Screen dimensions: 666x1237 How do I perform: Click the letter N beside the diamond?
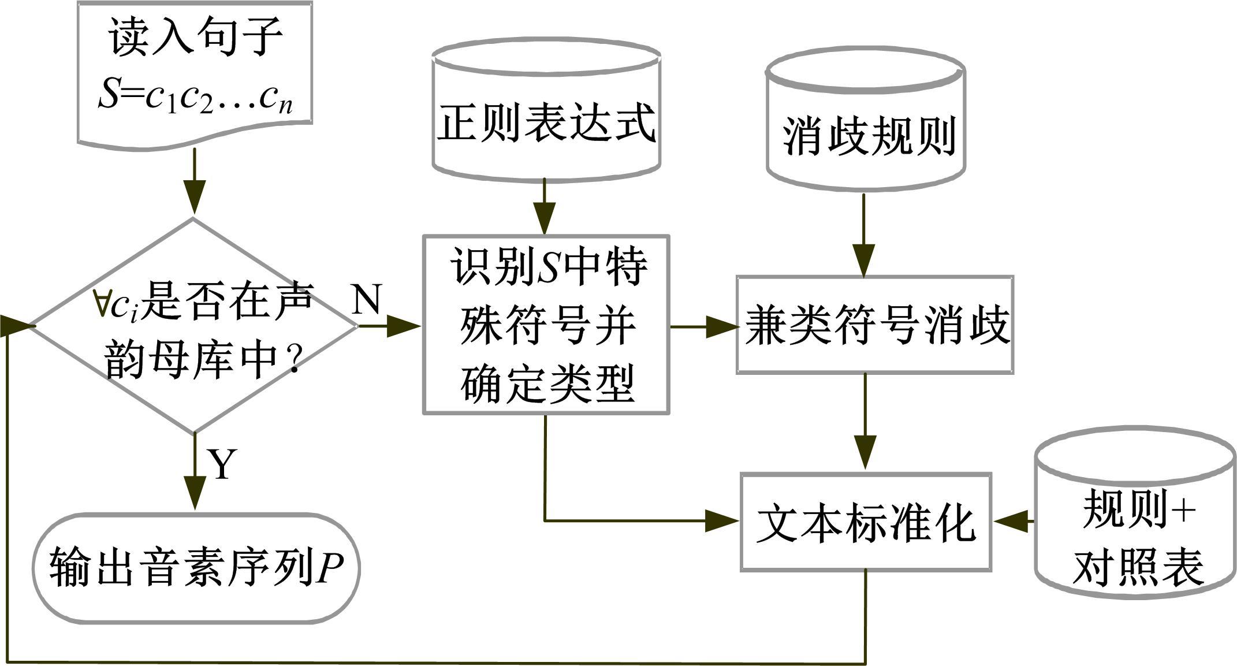coord(367,299)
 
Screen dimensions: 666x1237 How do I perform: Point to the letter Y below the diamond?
coord(222,464)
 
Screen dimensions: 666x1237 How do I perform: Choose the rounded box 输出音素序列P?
coord(196,568)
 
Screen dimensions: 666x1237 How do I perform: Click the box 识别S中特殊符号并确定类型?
coord(546,325)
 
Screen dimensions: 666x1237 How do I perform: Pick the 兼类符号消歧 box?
coord(874,325)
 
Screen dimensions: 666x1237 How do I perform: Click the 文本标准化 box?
coord(866,522)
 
